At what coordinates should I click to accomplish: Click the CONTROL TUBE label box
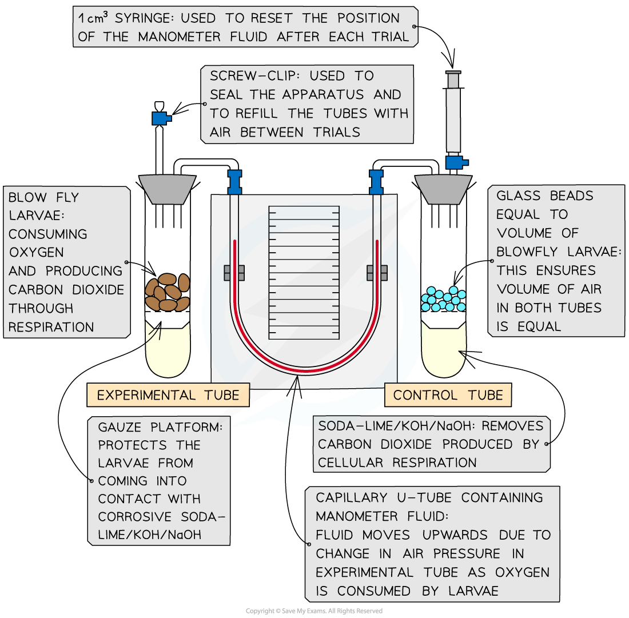coord(448,395)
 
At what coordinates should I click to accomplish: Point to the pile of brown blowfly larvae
coord(168,292)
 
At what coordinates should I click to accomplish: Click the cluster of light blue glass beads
coord(443,298)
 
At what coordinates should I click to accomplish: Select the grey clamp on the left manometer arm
coord(234,273)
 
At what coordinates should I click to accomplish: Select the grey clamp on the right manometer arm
coord(376,273)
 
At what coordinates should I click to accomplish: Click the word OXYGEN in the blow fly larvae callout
coord(36,253)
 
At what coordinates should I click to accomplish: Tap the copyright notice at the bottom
coord(314,611)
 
